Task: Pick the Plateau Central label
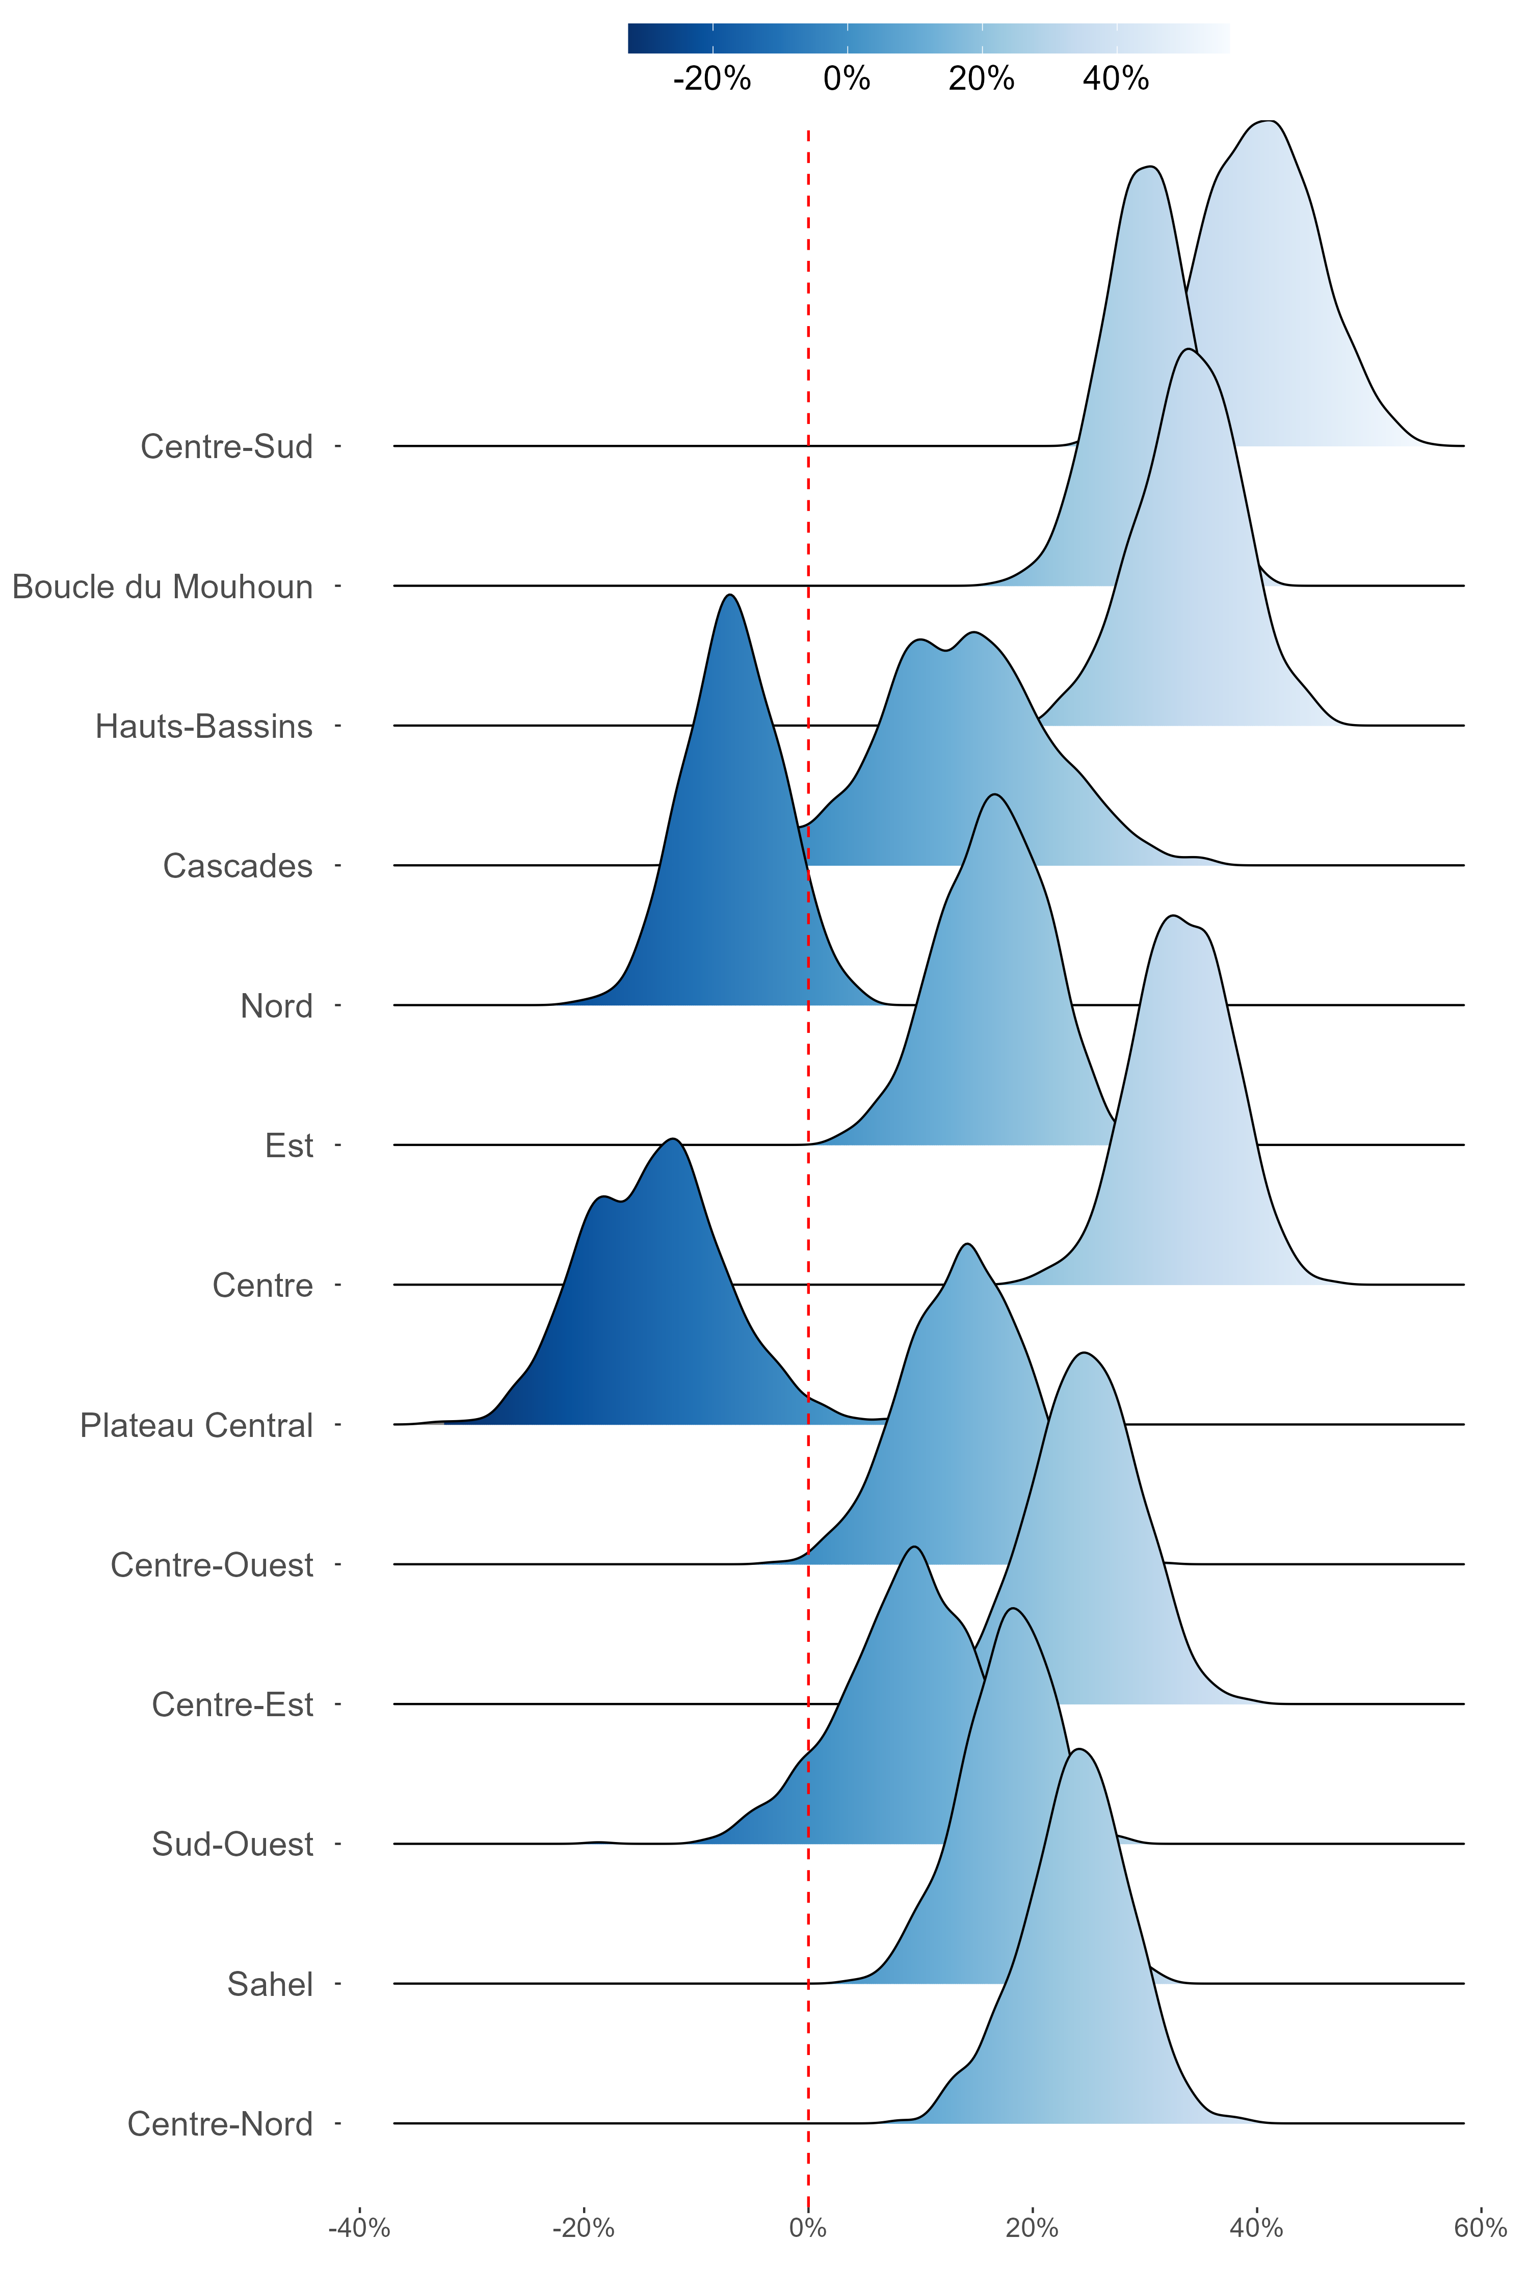[196, 1425]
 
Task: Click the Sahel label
[270, 1984]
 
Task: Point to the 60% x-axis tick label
[1480, 2229]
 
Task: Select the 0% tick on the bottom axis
[807, 2229]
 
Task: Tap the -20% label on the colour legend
[712, 79]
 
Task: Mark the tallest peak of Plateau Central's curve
[672, 1139]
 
